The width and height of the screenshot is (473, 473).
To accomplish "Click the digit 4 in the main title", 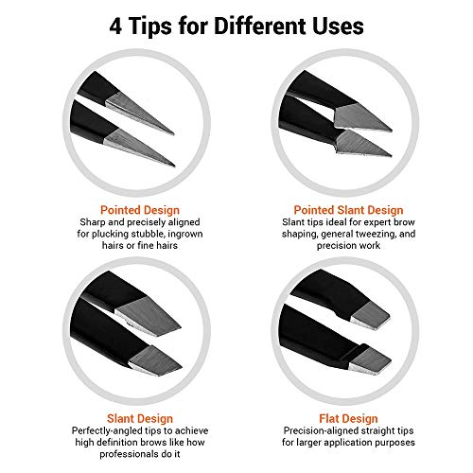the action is click(x=115, y=26).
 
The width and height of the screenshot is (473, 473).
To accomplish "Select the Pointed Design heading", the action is click(x=140, y=210).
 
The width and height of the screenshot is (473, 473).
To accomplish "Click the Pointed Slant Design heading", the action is click(x=348, y=210).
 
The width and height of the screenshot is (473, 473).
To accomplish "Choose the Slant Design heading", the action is click(x=140, y=418).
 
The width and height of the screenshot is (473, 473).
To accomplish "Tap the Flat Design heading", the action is click(x=348, y=418).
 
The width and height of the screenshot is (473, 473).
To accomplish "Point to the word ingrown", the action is click(x=185, y=235).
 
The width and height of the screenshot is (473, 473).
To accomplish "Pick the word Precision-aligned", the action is click(x=320, y=431).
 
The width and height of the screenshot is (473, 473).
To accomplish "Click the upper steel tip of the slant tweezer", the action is click(x=147, y=314).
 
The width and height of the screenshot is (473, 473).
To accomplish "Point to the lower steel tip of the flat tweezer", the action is click(x=370, y=360).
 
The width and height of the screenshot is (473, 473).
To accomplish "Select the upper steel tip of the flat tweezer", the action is click(x=370, y=315).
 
